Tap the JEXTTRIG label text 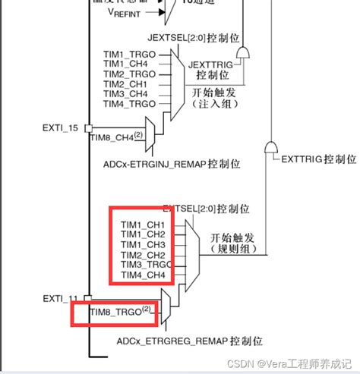[x=217, y=65]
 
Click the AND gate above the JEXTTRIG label [x=243, y=52]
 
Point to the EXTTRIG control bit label [x=319, y=159]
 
